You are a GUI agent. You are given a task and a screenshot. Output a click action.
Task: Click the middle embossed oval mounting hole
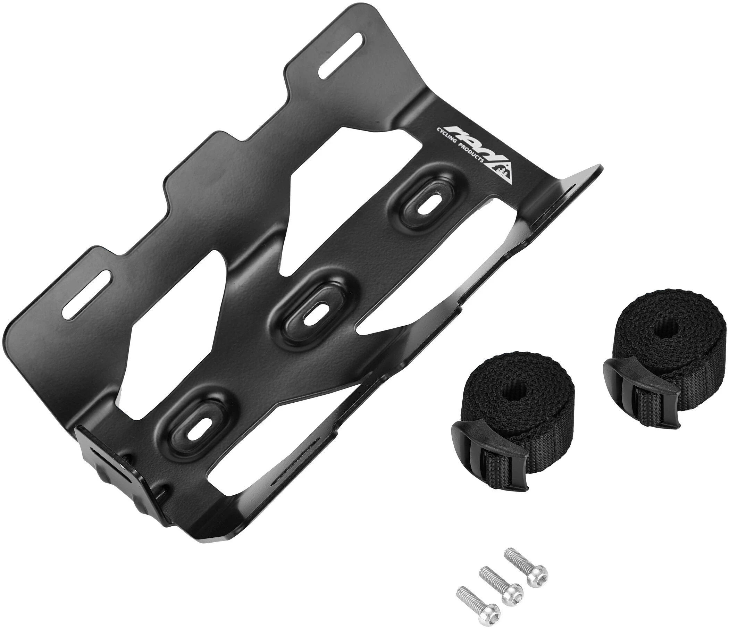[x=314, y=306]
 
